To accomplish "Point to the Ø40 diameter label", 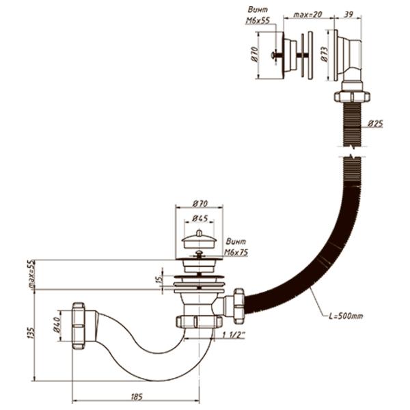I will [59, 320].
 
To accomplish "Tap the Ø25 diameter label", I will [374, 124].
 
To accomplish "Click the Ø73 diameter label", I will [324, 53].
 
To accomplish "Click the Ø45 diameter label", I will [200, 219].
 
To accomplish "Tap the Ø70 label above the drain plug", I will [200, 203].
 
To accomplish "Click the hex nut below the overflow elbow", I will [351, 94].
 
